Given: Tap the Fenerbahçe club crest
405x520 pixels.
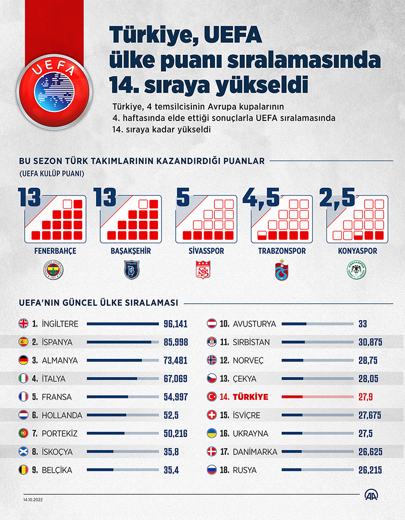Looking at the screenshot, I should point(54,271).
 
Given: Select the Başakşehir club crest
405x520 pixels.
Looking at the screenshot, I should point(131,271).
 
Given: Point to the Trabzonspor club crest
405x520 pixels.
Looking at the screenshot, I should point(281,271).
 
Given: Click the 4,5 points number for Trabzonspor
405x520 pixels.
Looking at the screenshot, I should point(262,197).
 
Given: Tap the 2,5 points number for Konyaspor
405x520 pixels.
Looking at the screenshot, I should point(337,197).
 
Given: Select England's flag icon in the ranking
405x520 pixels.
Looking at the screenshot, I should point(23,324).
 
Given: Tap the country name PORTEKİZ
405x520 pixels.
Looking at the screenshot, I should point(59,433).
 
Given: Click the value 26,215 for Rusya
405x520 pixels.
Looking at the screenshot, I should point(370,470).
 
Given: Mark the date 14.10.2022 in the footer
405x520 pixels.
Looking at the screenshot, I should point(33,499).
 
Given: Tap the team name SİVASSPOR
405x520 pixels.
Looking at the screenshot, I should point(205,251).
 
